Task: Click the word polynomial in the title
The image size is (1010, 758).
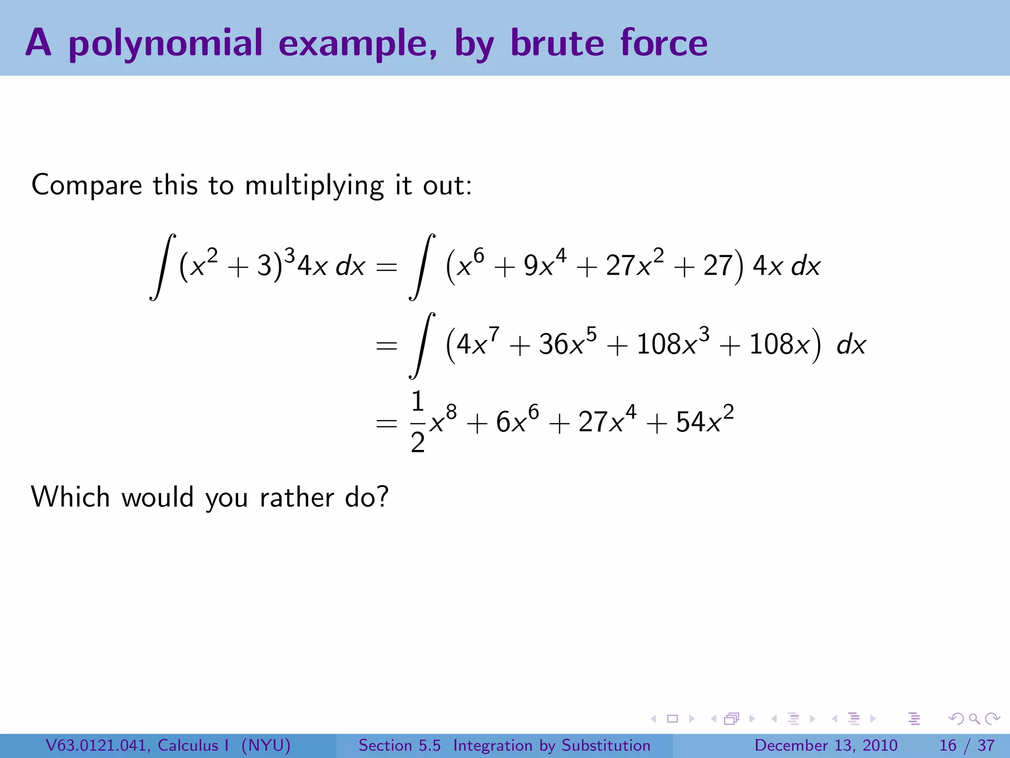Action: [x=165, y=43]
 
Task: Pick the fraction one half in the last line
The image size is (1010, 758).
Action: [x=418, y=422]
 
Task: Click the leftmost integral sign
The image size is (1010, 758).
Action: [x=163, y=266]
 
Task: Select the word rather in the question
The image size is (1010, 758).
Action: [x=296, y=497]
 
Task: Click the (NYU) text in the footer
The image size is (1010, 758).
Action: [x=266, y=745]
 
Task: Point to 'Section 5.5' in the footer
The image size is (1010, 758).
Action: [x=399, y=745]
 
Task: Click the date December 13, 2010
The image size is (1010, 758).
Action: [x=826, y=745]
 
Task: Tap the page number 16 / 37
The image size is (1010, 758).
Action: [x=967, y=745]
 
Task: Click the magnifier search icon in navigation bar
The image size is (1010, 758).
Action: [x=974, y=719]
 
